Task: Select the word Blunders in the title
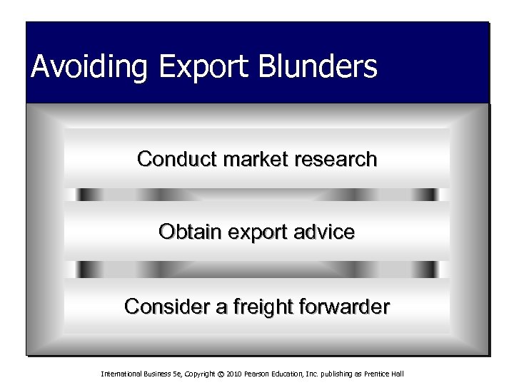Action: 321,67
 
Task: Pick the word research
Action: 331,159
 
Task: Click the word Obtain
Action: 187,232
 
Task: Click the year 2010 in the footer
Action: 228,374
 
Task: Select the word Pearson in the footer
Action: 251,374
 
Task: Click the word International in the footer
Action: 122,374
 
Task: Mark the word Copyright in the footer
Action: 193,374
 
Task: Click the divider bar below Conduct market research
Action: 257,195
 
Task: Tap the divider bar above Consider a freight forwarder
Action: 257,269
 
